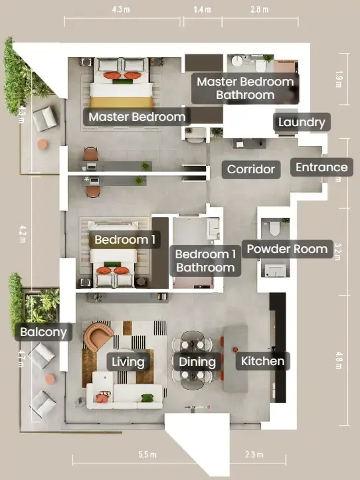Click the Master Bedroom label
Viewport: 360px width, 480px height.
pyautogui.click(x=137, y=117)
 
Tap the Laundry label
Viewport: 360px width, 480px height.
pyautogui.click(x=302, y=122)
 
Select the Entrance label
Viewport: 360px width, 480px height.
pyautogui.click(x=321, y=167)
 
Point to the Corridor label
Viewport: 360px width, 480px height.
pyautogui.click(x=251, y=169)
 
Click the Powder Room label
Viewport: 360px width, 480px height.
pyautogui.click(x=287, y=249)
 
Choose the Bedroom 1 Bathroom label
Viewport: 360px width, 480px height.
pyautogui.click(x=206, y=261)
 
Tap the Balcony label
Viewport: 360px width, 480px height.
pyautogui.click(x=44, y=332)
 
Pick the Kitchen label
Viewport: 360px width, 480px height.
pyautogui.click(x=262, y=361)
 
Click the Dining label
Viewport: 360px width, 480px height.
pyautogui.click(x=197, y=362)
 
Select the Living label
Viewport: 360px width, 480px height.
pyautogui.click(x=128, y=362)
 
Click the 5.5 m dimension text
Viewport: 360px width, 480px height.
pyautogui.click(x=147, y=455)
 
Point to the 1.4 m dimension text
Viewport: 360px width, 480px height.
pyautogui.click(x=202, y=9)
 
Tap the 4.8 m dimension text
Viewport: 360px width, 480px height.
pyautogui.click(x=339, y=360)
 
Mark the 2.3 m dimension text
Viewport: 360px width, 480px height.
pyautogui.click(x=254, y=455)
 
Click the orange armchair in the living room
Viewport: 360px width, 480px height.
pyautogui.click(x=98, y=336)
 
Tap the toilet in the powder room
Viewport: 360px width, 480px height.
pyautogui.click(x=274, y=228)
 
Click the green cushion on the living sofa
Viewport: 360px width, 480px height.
pyautogui.click(x=147, y=398)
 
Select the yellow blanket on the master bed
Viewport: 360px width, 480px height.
pyautogui.click(x=122, y=102)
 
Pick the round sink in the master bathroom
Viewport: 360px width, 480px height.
pyautogui.click(x=237, y=61)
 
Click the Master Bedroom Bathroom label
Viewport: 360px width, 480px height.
pyautogui.click(x=245, y=88)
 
